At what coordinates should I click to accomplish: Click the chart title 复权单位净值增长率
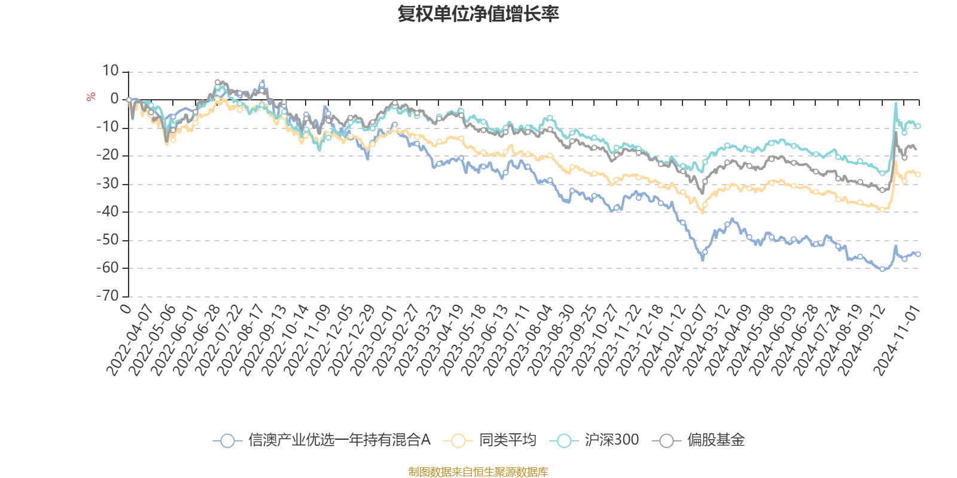click(478, 14)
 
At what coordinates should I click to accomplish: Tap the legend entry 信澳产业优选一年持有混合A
click(322, 440)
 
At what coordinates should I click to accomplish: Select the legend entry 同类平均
click(490, 440)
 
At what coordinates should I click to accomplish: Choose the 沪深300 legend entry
click(598, 440)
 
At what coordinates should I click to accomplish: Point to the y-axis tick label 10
click(111, 71)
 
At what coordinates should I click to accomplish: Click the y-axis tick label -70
click(108, 295)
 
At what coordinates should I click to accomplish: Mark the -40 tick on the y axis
click(108, 212)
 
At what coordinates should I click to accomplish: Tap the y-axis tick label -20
click(108, 155)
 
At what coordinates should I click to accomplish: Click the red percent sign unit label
click(91, 97)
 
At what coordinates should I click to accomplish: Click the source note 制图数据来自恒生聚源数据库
click(478, 472)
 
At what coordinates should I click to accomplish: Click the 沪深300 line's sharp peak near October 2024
click(896, 103)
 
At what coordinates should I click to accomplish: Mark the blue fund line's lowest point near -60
click(882, 269)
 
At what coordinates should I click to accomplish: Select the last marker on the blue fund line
click(918, 254)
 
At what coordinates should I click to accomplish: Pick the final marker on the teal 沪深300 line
click(918, 126)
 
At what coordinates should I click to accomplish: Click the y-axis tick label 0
click(114, 99)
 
